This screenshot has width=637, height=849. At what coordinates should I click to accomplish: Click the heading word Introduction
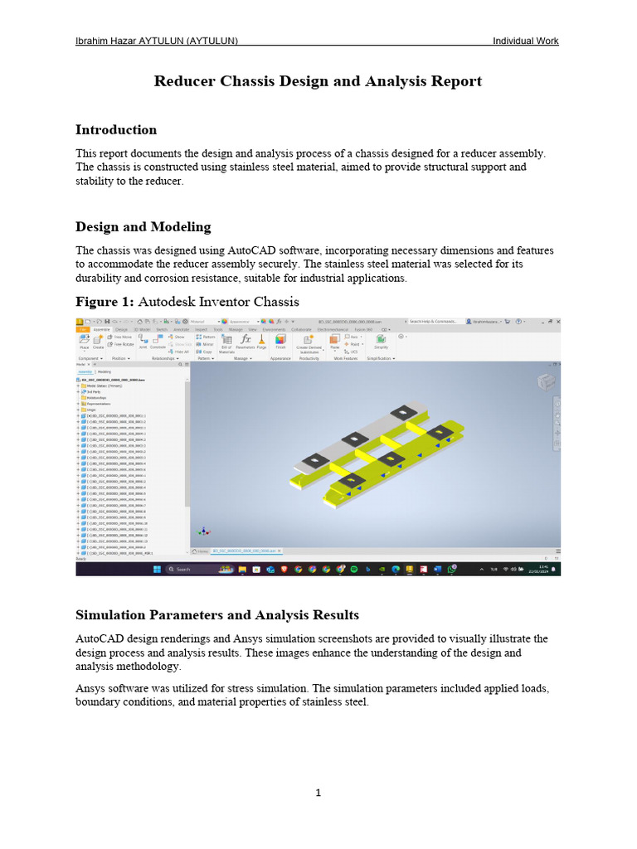116,130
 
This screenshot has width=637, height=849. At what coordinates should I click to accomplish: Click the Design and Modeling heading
143,227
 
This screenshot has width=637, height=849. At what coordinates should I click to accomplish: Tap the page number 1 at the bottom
318,793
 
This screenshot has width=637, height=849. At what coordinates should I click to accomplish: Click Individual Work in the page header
526,41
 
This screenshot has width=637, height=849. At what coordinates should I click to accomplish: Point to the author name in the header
157,41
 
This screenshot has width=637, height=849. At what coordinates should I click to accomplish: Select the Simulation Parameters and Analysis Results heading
217,615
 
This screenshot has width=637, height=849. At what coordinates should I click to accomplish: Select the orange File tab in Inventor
82,329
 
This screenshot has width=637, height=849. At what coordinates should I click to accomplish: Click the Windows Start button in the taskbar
156,570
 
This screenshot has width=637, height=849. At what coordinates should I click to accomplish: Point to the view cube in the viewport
547,381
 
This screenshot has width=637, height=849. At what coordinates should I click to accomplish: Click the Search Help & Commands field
434,321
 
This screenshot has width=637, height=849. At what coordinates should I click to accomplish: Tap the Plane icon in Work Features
334,342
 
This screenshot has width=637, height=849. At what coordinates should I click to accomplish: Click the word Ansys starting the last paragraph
91,689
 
